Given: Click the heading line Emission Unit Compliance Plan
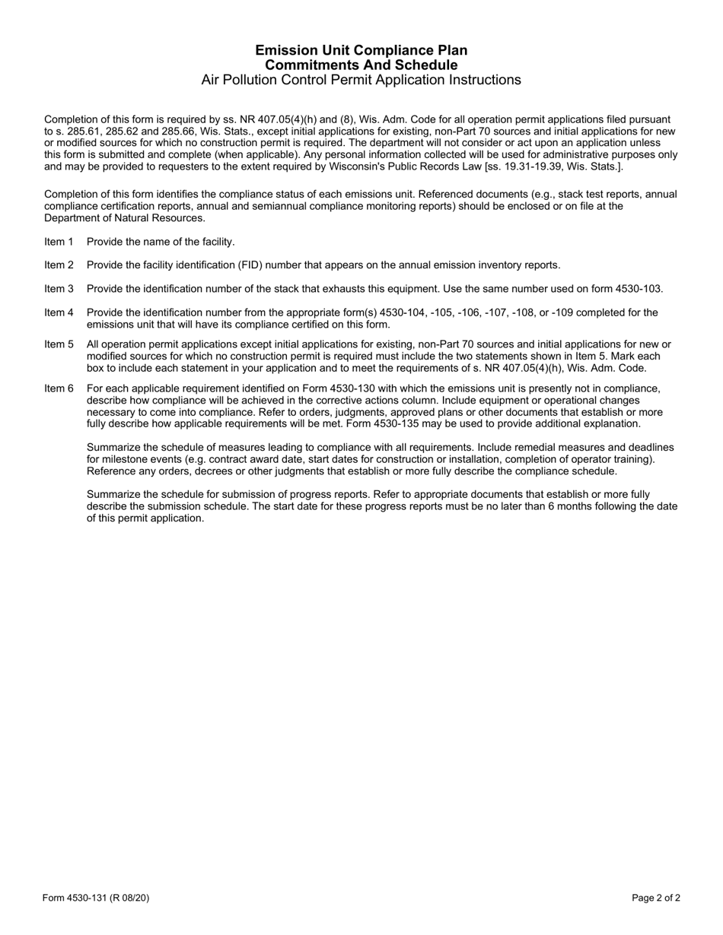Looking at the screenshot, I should point(361,50).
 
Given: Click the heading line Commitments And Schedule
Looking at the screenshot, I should point(361,65).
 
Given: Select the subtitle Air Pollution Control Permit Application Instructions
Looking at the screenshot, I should point(361,80).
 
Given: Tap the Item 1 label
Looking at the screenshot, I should point(59,242).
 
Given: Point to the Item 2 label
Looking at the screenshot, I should point(59,265).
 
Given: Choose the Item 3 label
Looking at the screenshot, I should point(59,289).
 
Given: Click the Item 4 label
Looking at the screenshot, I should point(59,312).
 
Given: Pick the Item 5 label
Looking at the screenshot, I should point(59,344).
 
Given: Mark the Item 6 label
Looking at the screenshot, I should point(59,388).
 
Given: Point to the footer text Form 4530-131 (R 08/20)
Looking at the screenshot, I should point(96,898).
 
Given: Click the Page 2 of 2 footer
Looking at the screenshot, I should point(656,898).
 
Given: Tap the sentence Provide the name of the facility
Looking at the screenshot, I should point(161,242).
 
